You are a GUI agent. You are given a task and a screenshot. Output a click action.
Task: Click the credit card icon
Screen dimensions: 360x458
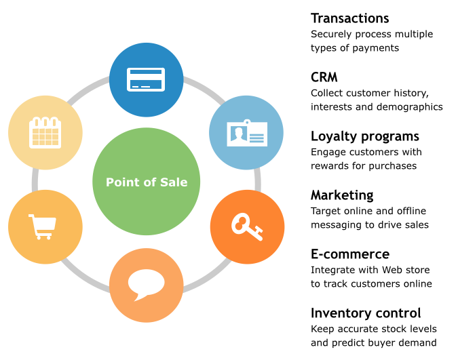coord(146,79)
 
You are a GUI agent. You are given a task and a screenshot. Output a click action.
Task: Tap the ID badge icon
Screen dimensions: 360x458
coord(246,133)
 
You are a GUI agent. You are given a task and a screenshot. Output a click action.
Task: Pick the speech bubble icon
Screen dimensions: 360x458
coord(147,285)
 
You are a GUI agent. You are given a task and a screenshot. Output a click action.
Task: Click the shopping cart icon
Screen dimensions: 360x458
coord(41,226)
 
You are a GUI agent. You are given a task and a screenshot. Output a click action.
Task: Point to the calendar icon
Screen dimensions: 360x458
coord(45,132)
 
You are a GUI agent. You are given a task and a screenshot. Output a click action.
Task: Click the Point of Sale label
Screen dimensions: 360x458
coord(147,182)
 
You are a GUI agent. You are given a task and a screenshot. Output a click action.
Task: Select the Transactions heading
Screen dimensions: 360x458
coord(349,18)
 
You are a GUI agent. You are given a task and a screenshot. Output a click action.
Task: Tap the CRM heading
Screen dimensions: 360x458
coord(324,77)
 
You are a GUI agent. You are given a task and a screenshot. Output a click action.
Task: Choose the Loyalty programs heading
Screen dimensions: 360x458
coord(365,136)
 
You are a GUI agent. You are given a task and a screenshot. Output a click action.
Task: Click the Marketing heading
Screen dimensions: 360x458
coord(342,195)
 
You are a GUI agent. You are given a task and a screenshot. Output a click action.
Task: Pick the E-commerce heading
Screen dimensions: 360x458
coord(350,254)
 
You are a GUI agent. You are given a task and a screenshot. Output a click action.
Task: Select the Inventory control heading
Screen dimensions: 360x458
coord(366,313)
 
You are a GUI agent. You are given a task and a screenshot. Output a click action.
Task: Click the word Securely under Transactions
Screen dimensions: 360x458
coord(330,34)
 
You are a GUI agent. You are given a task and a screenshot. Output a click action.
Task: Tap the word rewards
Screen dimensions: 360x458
coord(330,166)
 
